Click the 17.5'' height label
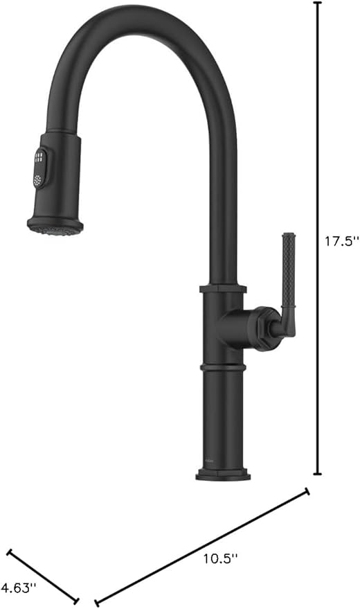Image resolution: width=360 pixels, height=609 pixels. click(x=342, y=242)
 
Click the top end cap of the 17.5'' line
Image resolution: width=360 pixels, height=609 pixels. click(x=318, y=3)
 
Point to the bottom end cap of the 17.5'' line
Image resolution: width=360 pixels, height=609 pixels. click(x=318, y=474)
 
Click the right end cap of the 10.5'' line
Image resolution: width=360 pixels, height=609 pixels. click(x=307, y=491)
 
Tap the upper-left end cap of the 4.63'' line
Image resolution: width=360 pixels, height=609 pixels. click(x=8, y=552)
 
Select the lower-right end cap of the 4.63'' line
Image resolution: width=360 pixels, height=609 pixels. click(x=77, y=601)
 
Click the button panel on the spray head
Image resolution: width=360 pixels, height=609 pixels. click(x=41, y=168)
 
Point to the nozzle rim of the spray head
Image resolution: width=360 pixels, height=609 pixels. click(x=55, y=226)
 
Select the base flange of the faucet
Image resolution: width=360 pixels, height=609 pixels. click(x=222, y=475)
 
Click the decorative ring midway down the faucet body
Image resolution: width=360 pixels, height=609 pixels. click(x=222, y=364)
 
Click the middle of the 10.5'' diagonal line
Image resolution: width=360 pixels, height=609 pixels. click(x=201, y=547)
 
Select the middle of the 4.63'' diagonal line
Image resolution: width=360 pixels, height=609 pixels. click(x=43, y=576)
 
